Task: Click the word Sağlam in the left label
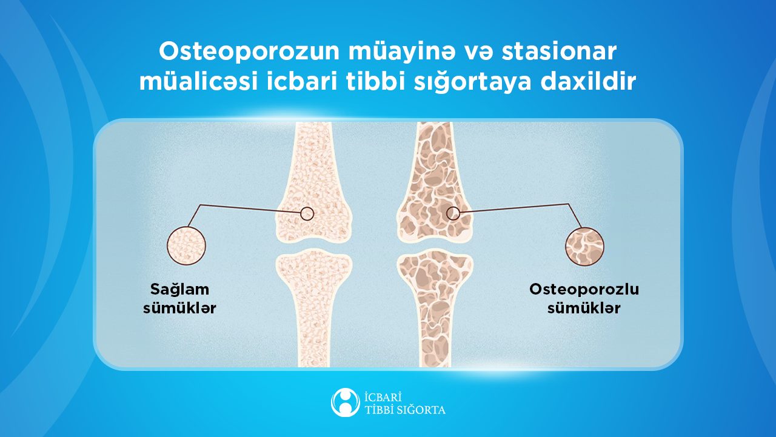click(179, 290)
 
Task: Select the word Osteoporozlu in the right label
click(584, 289)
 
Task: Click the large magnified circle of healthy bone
click(186, 246)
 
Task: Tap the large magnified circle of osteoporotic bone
click(584, 247)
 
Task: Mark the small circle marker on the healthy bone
click(307, 213)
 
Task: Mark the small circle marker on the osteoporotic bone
click(453, 213)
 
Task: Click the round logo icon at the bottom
click(345, 402)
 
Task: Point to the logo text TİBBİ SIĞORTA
click(404, 410)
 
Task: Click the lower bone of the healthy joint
click(313, 303)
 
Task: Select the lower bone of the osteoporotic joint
click(435, 303)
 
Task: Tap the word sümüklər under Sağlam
click(179, 309)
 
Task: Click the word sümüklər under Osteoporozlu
click(584, 309)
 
